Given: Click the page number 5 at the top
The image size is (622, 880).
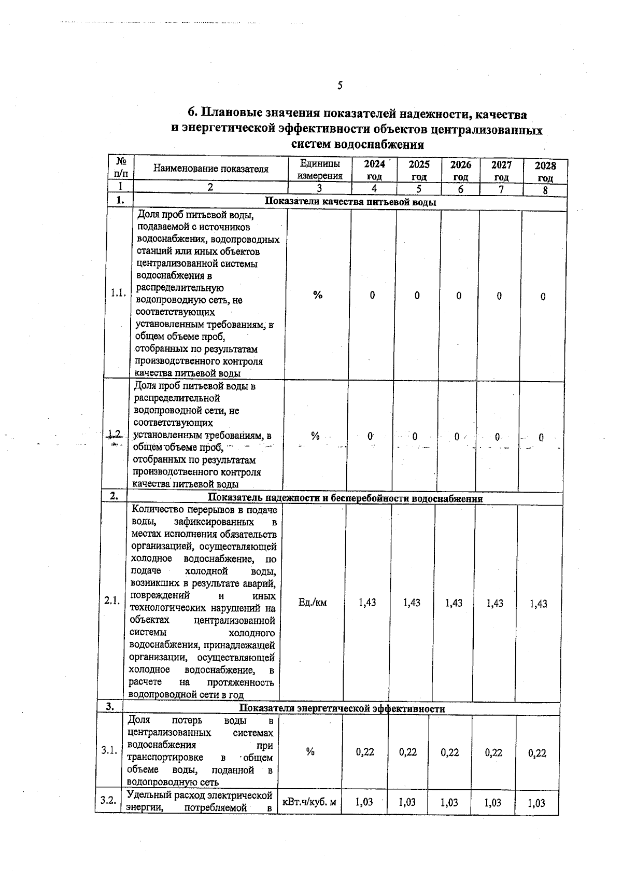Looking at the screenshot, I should pyautogui.click(x=340, y=85).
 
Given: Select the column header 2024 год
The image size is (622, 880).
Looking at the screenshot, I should pyautogui.click(x=374, y=170).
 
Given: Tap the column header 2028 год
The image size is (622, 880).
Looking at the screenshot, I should pyautogui.click(x=545, y=172).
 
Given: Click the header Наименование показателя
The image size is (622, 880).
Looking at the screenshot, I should pyautogui.click(x=211, y=169).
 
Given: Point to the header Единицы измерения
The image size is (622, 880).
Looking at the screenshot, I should pyautogui.click(x=320, y=170).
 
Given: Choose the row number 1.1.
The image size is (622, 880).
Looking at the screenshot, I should pyautogui.click(x=118, y=293).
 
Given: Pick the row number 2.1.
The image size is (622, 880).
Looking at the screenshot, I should pyautogui.click(x=112, y=600).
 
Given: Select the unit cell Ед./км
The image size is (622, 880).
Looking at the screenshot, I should pyautogui.click(x=313, y=603).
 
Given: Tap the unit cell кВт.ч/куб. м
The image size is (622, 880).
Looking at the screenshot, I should pyautogui.click(x=309, y=802).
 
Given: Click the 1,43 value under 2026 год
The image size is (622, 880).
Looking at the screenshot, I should pyautogui.click(x=454, y=603).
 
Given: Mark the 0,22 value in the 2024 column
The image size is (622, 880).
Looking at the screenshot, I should pyautogui.click(x=365, y=752).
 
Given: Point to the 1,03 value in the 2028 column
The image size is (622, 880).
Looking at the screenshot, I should pyautogui.click(x=538, y=803).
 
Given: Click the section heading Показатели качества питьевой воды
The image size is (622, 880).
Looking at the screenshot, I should pyautogui.click(x=350, y=202).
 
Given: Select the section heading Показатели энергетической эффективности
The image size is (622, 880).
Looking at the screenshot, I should pyautogui.click(x=342, y=709).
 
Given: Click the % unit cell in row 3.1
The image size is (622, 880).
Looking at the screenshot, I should pyautogui.click(x=310, y=751).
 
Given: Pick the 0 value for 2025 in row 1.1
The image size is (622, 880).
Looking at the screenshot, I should pyautogui.click(x=417, y=296).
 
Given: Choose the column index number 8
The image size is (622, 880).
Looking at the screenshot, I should pyautogui.click(x=545, y=190).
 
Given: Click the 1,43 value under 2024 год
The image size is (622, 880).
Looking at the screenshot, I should pyautogui.click(x=367, y=603).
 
